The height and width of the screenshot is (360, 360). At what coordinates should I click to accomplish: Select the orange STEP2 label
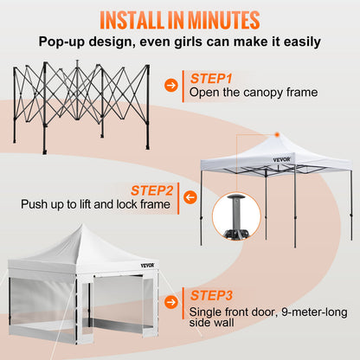152,190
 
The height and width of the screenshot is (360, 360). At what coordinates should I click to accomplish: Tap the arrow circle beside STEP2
190,198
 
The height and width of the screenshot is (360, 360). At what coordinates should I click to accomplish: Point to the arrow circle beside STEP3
172,301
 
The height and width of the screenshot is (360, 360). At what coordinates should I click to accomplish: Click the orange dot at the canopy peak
275,134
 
